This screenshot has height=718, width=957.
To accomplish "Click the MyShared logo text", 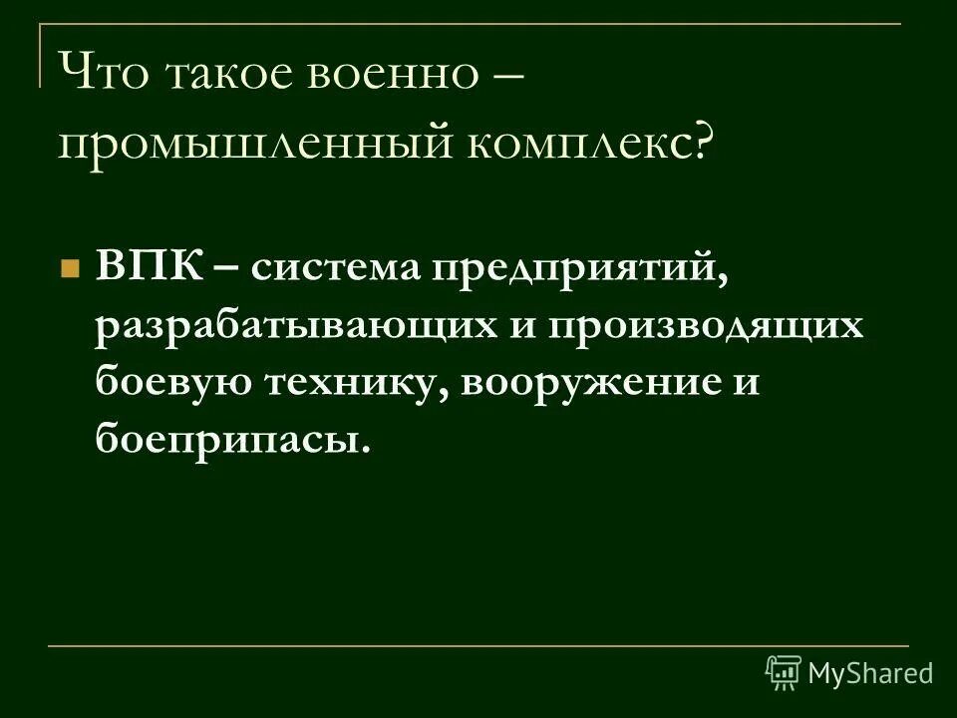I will (871, 673).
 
